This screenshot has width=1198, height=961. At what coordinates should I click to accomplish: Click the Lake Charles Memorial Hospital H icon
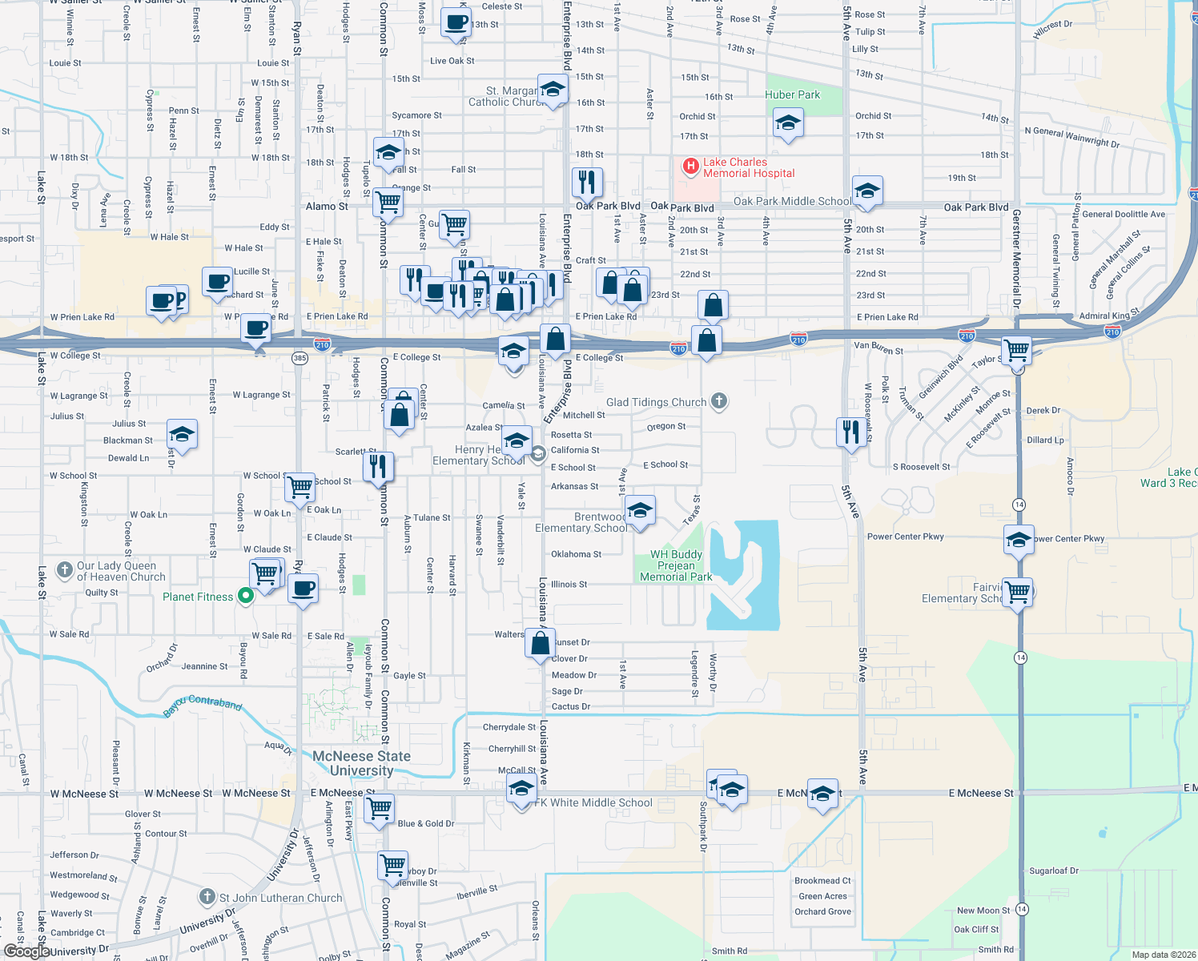(689, 167)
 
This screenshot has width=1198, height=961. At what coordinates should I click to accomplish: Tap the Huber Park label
(792, 95)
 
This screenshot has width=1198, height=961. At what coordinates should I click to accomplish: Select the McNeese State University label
(361, 763)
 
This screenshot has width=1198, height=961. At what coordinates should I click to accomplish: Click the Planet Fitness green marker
(246, 596)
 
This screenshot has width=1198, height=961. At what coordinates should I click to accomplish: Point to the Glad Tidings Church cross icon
(719, 401)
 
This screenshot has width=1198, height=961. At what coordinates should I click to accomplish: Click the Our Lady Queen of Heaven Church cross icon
(65, 570)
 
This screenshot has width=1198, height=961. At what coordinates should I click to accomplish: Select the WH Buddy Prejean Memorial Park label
(676, 565)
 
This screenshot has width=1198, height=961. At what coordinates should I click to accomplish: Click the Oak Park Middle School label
(792, 201)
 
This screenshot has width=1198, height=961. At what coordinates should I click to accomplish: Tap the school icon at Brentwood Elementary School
(639, 509)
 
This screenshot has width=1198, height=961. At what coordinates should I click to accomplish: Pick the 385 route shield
(299, 358)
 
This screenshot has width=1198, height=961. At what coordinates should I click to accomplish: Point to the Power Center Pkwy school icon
(1018, 540)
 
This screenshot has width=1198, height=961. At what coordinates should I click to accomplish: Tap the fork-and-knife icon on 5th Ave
(850, 431)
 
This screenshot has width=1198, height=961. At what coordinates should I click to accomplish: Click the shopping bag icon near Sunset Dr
(541, 642)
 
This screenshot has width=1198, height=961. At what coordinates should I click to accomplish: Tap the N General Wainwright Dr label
(1071, 137)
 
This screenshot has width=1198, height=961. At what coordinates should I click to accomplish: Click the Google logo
(26, 951)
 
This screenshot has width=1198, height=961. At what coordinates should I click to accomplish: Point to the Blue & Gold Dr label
(425, 823)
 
